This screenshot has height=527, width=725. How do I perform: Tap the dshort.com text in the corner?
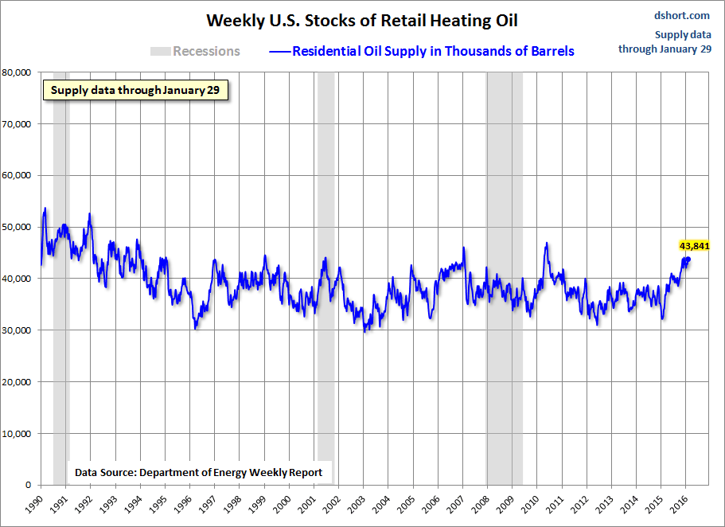click(682, 15)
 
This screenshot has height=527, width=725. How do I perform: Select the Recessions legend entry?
click(195, 51)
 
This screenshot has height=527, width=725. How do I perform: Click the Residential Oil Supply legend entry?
click(422, 51)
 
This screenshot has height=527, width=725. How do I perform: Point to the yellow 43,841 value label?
click(694, 246)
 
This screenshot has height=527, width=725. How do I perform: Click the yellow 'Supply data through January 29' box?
click(135, 90)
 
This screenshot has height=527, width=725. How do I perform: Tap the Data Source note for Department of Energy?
click(198, 472)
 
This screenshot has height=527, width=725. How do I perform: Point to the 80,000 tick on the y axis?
click(16, 72)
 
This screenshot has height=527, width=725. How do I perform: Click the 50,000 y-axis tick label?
click(16, 227)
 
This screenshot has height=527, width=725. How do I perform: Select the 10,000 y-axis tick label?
click(16, 433)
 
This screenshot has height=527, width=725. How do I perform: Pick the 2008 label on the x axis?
click(481, 503)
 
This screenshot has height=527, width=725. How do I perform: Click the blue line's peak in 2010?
click(547, 244)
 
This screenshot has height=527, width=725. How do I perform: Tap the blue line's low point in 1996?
click(195, 327)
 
